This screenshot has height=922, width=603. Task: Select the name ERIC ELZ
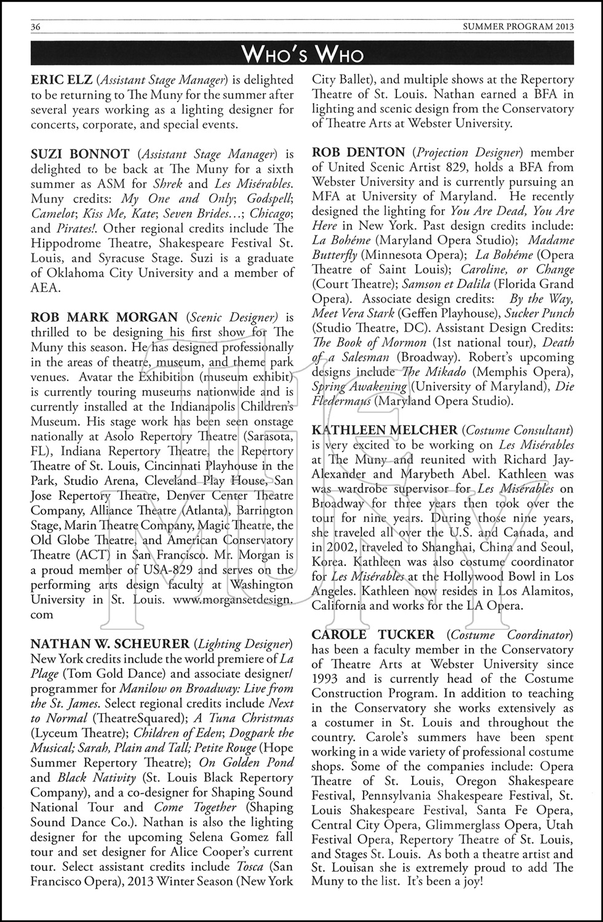pyautogui.click(x=60, y=80)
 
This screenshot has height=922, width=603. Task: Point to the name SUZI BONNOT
pyautogui.click(x=80, y=154)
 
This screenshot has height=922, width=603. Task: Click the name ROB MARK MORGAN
pyautogui.click(x=104, y=317)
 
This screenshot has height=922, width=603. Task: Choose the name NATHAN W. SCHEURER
pyautogui.click(x=110, y=644)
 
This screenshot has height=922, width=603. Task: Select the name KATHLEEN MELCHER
pyautogui.click(x=385, y=430)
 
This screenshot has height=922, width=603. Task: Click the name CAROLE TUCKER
pyautogui.click(x=373, y=634)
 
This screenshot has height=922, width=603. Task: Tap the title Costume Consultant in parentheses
pyautogui.click(x=519, y=430)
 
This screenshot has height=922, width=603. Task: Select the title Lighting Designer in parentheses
pyautogui.click(x=243, y=644)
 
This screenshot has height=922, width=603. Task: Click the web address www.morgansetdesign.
pyautogui.click(x=233, y=599)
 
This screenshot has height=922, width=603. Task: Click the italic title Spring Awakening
pyautogui.click(x=359, y=387)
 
